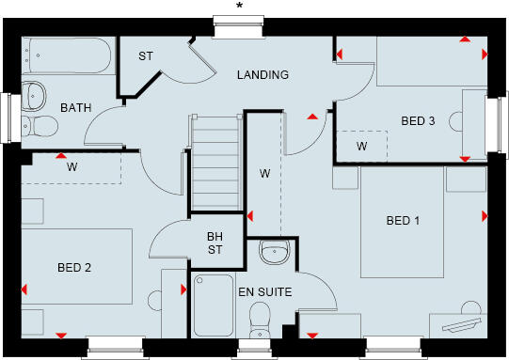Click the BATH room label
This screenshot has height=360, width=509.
76,108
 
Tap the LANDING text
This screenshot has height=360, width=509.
262,75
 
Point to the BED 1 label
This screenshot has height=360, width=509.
403,221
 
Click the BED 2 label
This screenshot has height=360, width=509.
74,268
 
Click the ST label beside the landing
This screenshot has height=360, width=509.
146,56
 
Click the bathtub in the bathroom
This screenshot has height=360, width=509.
66,56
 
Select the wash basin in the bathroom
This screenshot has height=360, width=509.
35,94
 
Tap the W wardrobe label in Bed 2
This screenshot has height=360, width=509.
72,166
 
